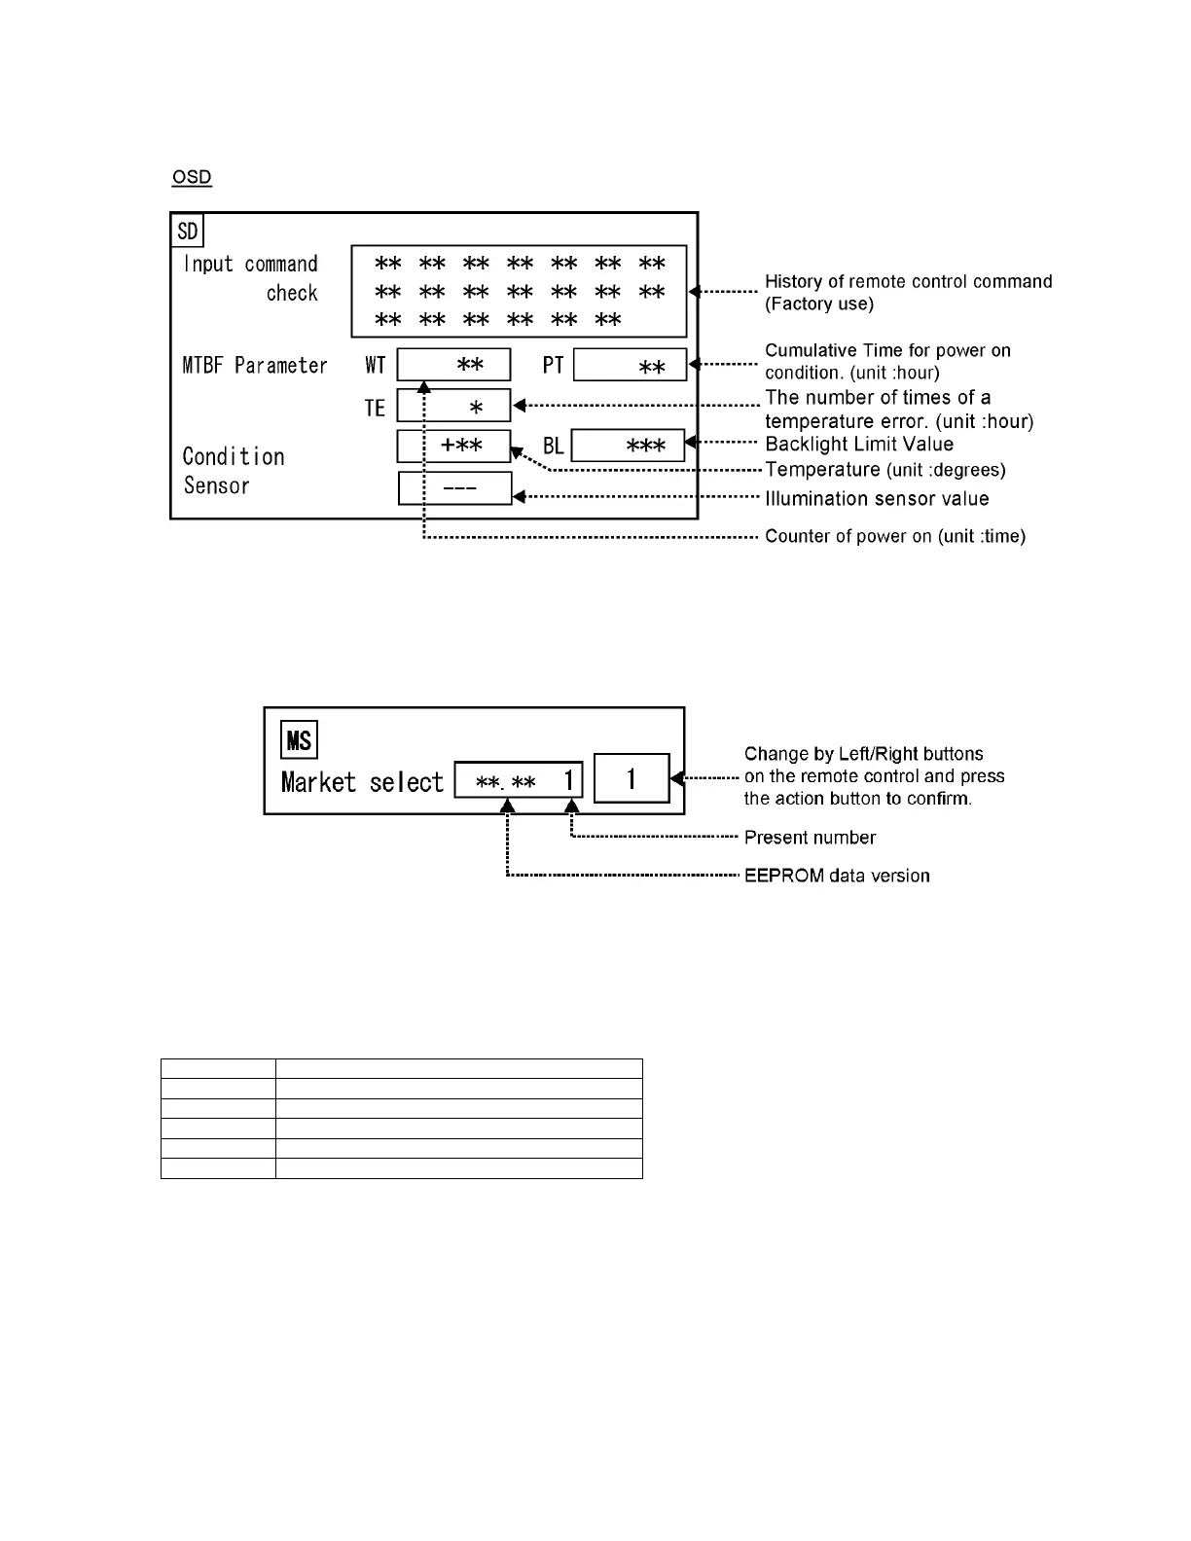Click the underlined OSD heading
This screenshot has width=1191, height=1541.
[x=192, y=177]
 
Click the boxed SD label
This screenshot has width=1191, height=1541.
[x=188, y=232]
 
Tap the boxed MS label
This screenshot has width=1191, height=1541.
[x=299, y=740]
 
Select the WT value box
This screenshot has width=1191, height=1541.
[x=453, y=365]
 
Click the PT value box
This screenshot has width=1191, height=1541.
[x=630, y=366]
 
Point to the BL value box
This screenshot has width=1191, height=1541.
[x=628, y=446]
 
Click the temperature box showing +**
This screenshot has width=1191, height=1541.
[x=453, y=446]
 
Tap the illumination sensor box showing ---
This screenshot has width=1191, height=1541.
[x=454, y=488]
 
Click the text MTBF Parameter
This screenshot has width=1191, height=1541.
[x=255, y=366]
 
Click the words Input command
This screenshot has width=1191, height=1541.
[x=251, y=265]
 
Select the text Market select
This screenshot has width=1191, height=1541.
[x=362, y=782]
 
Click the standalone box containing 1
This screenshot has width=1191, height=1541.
[x=632, y=778]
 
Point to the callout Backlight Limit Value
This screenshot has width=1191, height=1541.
[x=859, y=445]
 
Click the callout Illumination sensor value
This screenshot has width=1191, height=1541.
[x=877, y=499]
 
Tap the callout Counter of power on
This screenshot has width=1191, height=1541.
[x=895, y=536]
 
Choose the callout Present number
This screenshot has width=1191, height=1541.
[x=810, y=838]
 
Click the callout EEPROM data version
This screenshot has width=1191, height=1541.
[x=837, y=876]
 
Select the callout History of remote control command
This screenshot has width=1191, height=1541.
[x=908, y=282]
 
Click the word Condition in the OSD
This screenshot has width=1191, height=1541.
[x=234, y=456]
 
